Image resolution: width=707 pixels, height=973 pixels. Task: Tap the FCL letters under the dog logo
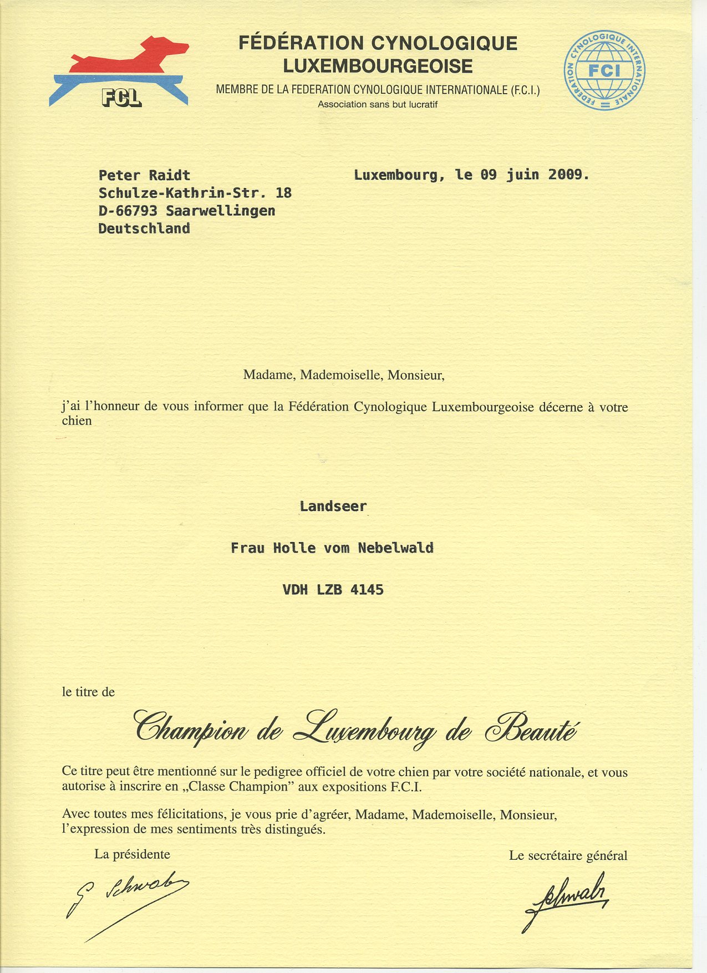tap(121, 98)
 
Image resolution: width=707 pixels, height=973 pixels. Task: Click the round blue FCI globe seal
tap(604, 70)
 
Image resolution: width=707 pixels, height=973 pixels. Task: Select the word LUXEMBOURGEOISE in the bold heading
tap(378, 67)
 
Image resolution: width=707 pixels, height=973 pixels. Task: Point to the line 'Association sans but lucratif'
tap(378, 104)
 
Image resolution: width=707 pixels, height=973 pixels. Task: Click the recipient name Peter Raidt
tap(144, 175)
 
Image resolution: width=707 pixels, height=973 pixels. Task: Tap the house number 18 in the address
tap(283, 193)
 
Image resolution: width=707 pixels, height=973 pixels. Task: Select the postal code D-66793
tap(128, 211)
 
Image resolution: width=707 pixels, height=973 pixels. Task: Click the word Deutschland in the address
tap(144, 229)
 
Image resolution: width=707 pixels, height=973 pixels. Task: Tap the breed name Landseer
tap(333, 506)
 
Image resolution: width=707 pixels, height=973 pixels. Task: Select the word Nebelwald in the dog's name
tap(395, 548)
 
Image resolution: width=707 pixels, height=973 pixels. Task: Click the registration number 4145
tap(367, 590)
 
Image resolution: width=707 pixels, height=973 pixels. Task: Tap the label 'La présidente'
tap(132, 854)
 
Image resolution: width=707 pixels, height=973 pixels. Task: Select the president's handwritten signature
tap(130, 901)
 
